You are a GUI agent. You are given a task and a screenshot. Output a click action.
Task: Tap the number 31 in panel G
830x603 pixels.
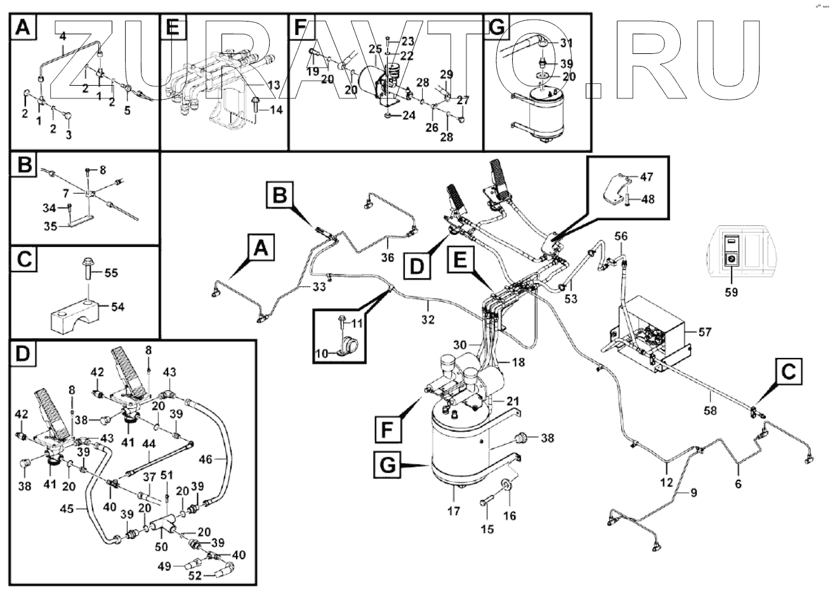[567, 43]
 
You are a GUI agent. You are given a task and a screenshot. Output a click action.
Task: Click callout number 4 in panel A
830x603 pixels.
[62, 37]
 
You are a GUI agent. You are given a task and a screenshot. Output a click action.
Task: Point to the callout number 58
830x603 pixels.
[710, 410]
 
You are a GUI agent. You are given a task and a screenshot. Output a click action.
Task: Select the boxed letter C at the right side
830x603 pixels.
[787, 374]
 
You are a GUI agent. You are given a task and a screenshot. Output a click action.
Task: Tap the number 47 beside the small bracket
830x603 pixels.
[645, 176]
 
